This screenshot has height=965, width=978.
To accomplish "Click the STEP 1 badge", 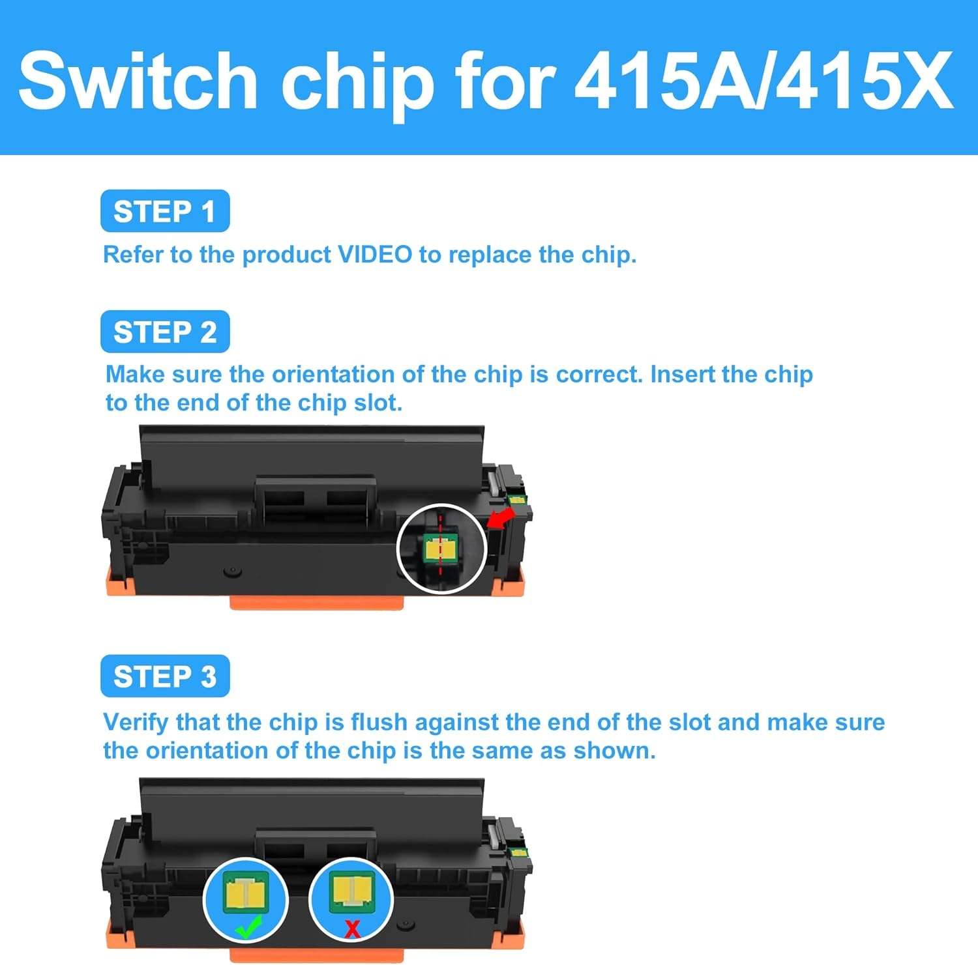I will (x=165, y=211).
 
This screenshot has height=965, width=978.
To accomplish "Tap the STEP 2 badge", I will (x=165, y=332).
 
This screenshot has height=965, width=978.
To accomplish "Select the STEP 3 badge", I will (x=165, y=676).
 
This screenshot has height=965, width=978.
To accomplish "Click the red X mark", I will (x=353, y=929).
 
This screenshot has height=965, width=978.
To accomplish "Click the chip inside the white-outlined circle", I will (x=440, y=549).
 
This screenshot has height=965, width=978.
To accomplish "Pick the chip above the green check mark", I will (x=246, y=891).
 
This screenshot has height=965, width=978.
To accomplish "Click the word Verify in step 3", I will (x=135, y=723).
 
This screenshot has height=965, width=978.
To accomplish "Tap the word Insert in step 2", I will (x=683, y=375).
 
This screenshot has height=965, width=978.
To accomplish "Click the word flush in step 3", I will (x=379, y=723).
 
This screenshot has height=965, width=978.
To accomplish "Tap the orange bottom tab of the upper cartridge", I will (x=316, y=603).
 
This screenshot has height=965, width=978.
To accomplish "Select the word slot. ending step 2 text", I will (x=378, y=403).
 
